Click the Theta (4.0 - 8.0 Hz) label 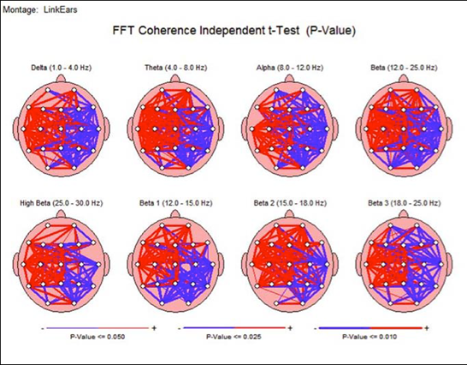(174, 67)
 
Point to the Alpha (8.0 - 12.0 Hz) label (291, 67)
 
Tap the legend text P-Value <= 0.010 (369, 338)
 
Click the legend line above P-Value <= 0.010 (369, 327)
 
